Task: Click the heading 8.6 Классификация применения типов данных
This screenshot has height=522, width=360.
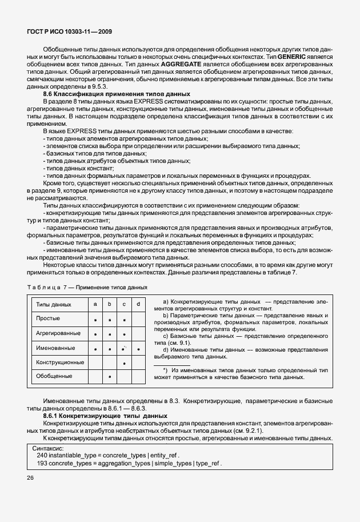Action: [117, 93]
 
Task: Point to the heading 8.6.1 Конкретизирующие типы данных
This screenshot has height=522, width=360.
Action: [105, 416]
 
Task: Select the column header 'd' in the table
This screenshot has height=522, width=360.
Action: [138, 305]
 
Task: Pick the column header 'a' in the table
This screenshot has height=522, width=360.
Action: [95, 305]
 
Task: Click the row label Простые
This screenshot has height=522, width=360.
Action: [48, 318]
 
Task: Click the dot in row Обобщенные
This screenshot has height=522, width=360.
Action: [109, 377]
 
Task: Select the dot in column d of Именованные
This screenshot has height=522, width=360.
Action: [138, 348]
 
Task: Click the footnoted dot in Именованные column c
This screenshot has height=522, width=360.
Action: [123, 348]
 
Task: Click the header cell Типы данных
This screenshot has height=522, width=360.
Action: [54, 305]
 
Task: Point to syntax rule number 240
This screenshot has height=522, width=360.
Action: [42, 455]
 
